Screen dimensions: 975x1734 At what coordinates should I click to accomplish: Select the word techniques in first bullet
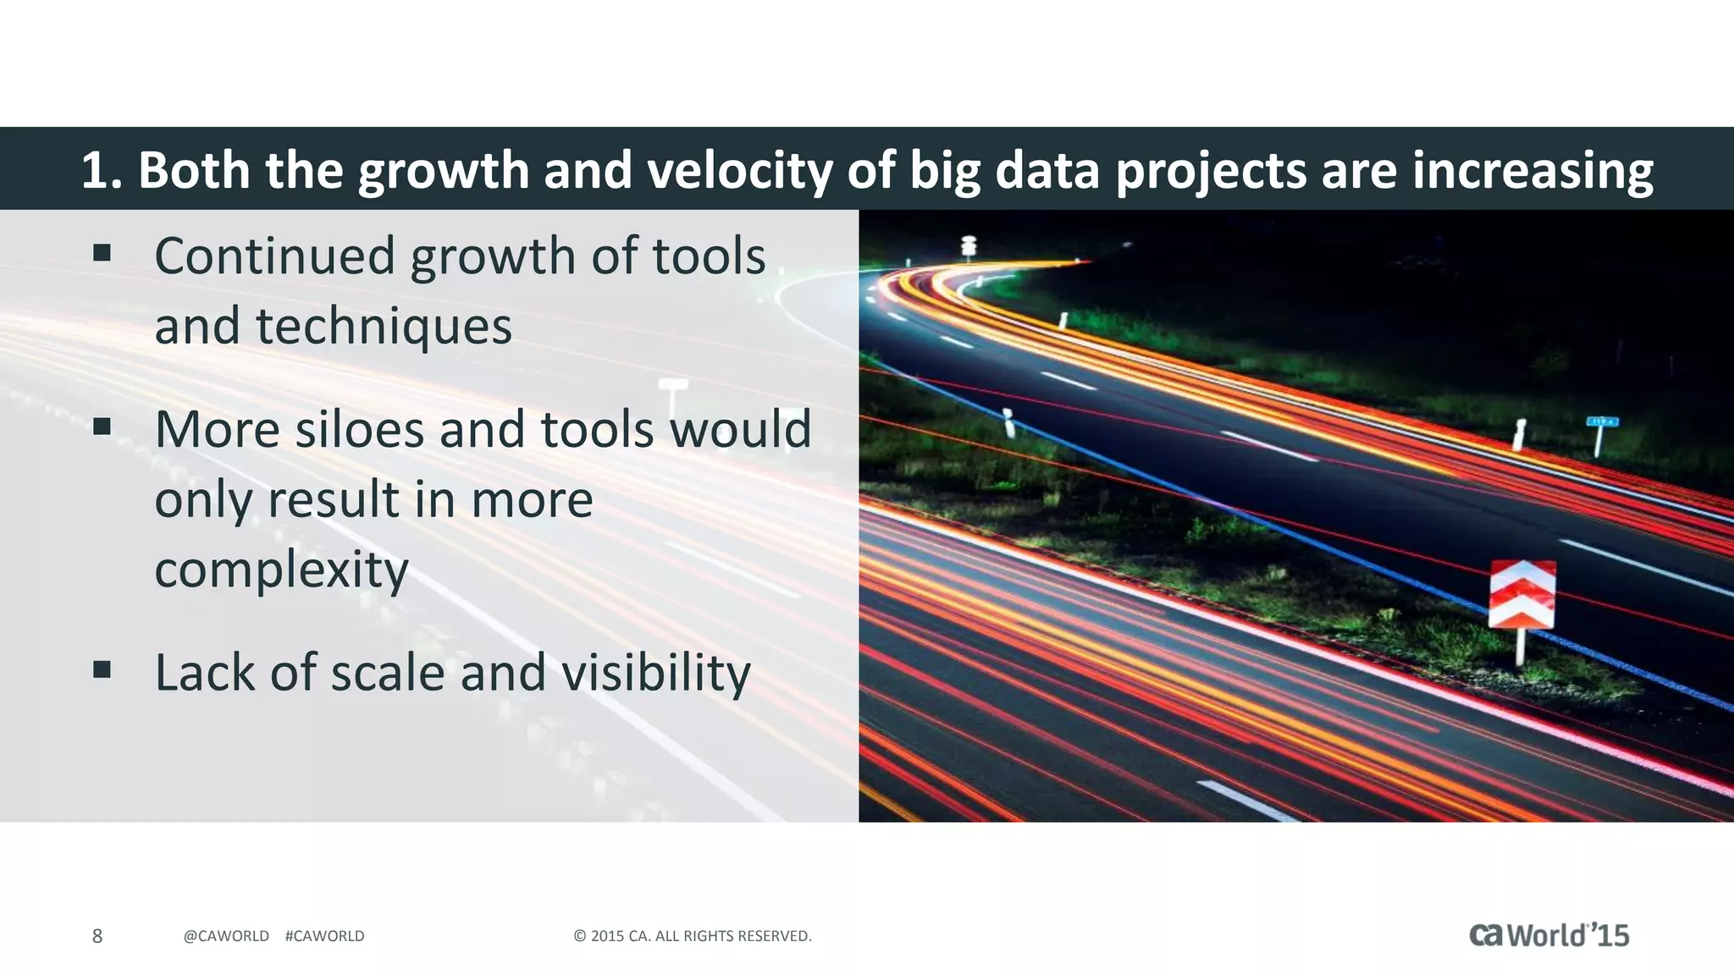384,326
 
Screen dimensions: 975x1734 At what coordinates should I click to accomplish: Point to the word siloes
359,429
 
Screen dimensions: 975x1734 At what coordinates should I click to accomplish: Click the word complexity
281,570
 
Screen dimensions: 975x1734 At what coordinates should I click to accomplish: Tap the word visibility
655,673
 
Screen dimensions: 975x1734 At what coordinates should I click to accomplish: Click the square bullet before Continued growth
102,253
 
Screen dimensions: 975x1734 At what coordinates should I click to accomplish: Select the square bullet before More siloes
102,426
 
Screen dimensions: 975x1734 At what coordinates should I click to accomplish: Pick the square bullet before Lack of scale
102,670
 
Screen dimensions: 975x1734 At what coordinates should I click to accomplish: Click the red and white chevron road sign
1521,594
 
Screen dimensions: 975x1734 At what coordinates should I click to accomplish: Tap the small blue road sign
1602,421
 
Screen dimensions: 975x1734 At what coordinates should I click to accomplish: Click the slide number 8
97,936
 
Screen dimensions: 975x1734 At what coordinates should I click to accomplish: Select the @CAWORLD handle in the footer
226,936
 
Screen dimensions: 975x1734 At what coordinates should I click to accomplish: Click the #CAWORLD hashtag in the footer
325,936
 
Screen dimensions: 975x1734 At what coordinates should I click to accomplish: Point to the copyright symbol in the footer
580,936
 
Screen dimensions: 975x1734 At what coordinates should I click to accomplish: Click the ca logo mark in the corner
1486,934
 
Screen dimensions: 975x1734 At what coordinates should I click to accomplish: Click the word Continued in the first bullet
274,256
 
